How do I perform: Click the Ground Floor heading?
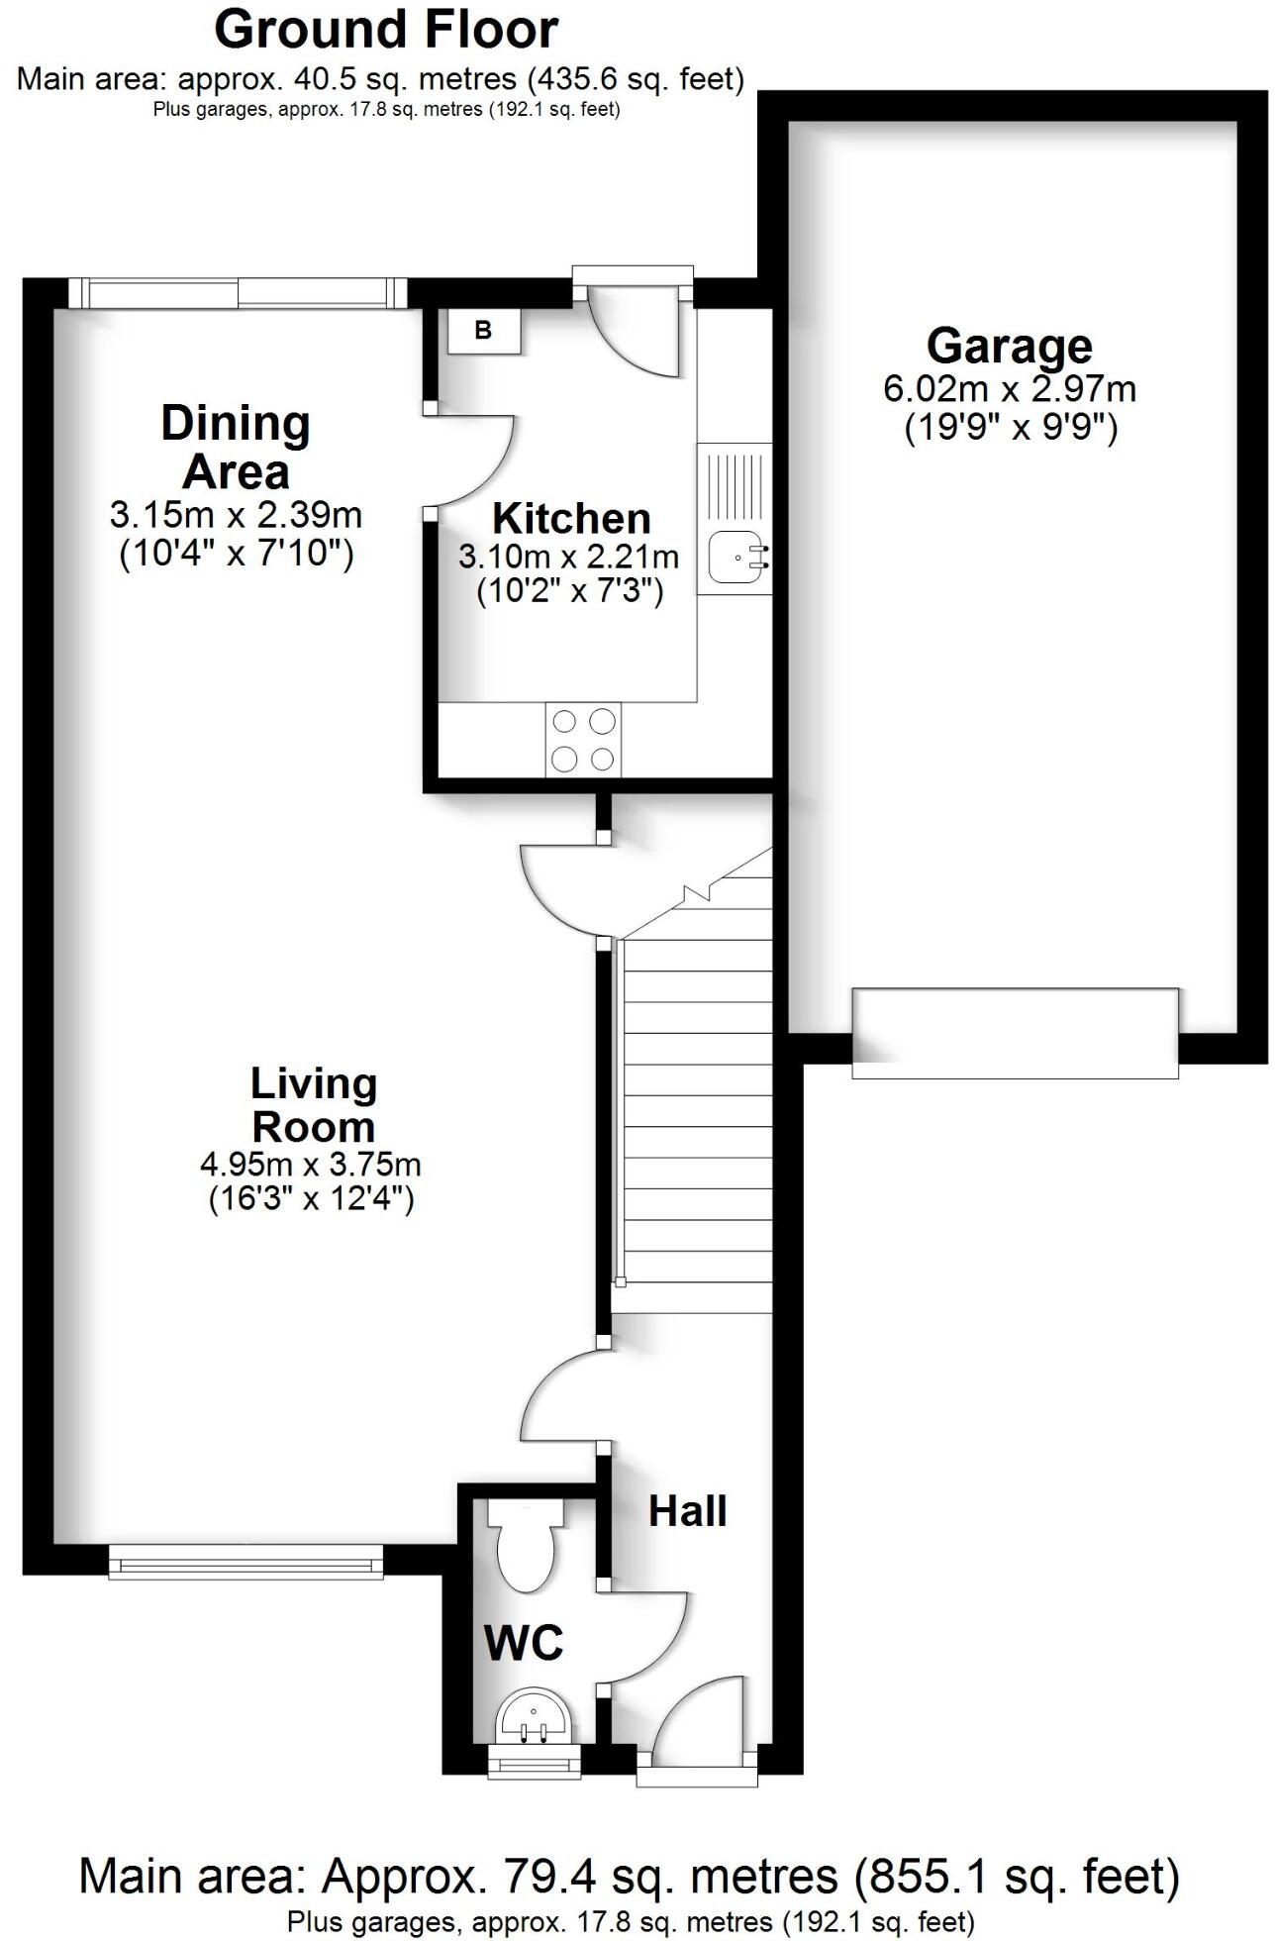[x=386, y=30]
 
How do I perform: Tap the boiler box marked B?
[x=483, y=330]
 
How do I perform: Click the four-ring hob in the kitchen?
[x=583, y=740]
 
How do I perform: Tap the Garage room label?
[x=1009, y=346]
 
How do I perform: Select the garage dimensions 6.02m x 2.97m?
[x=1009, y=388]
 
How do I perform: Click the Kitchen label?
[x=571, y=518]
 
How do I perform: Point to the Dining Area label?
[x=236, y=447]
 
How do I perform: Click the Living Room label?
[x=313, y=1105]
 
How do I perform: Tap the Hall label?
[x=687, y=1510]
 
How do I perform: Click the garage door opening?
[x=1015, y=1033]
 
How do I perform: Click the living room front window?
[x=245, y=1565]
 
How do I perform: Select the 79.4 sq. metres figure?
[x=576, y=1877]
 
